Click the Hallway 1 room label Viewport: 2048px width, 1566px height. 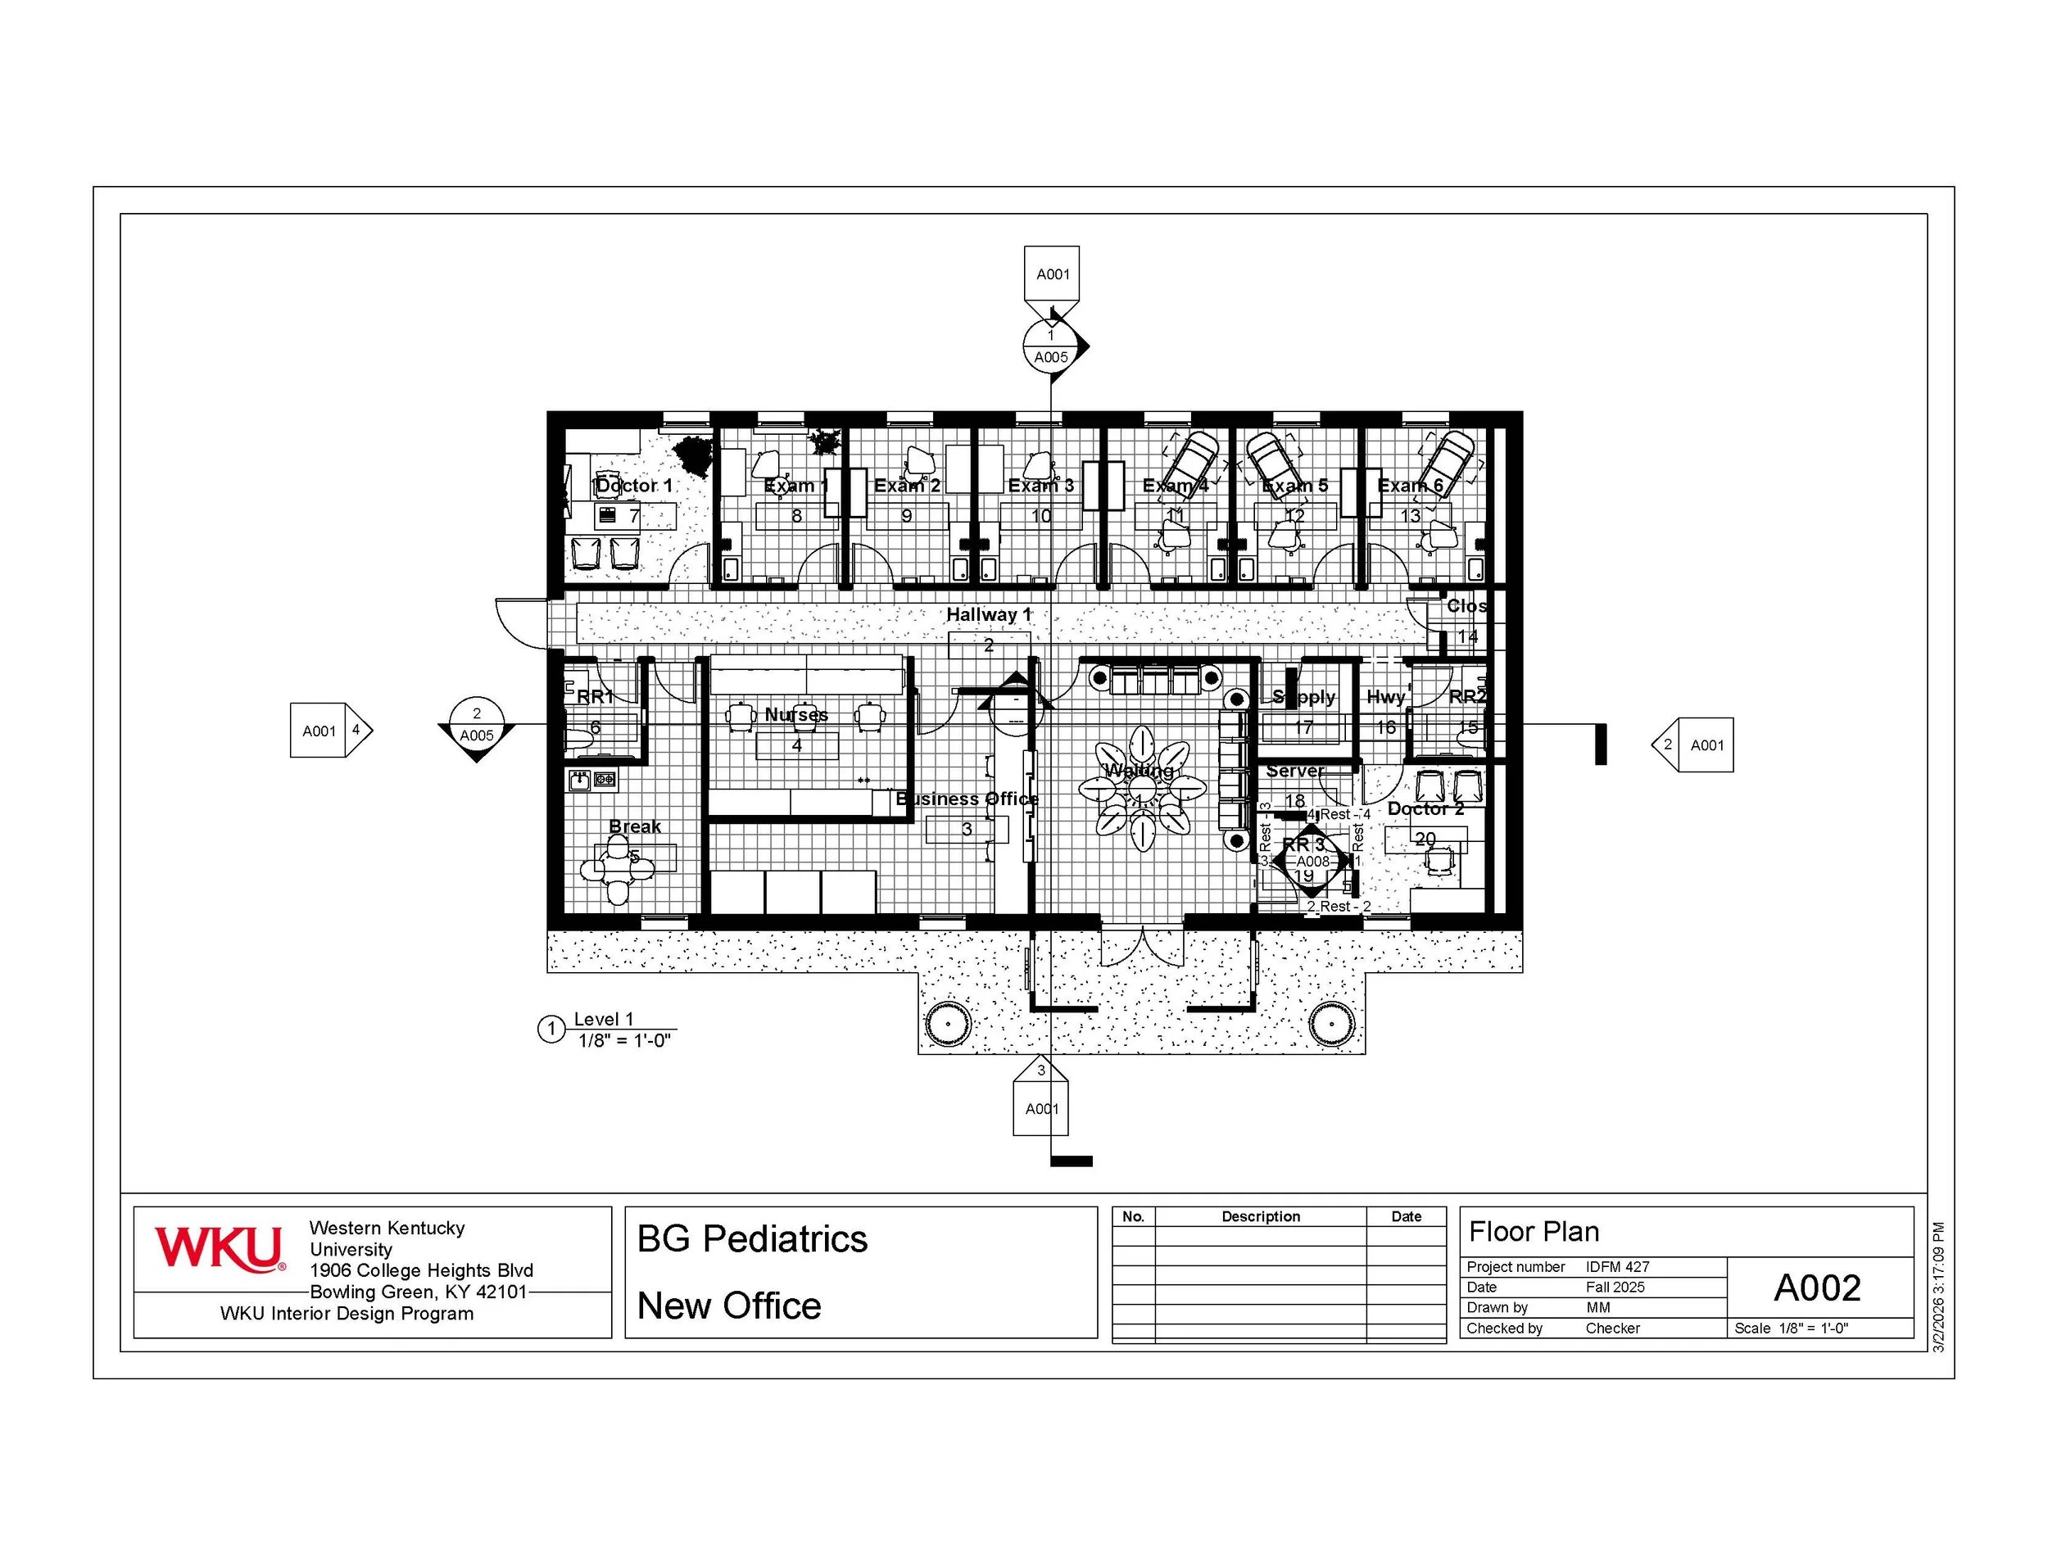[x=988, y=614]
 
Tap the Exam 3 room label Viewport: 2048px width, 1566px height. [x=1040, y=486]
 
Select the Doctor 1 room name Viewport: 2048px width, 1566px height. [x=634, y=486]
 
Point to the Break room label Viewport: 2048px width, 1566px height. [x=635, y=826]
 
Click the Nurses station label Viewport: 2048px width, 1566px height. [x=796, y=715]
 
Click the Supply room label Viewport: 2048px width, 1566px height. [x=1303, y=697]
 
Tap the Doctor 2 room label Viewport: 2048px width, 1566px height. [x=1425, y=809]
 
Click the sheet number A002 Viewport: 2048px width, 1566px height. [x=1817, y=1288]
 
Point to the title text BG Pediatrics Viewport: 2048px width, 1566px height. [x=752, y=1239]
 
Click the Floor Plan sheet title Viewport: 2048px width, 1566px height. [x=1534, y=1231]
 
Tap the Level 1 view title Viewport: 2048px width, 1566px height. [x=603, y=1019]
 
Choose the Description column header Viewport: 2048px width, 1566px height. [x=1260, y=1216]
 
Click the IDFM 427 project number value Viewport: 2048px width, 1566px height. [x=1617, y=1267]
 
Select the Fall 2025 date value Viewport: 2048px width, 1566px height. [x=1615, y=1288]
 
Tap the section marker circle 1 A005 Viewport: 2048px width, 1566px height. [x=1050, y=346]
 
